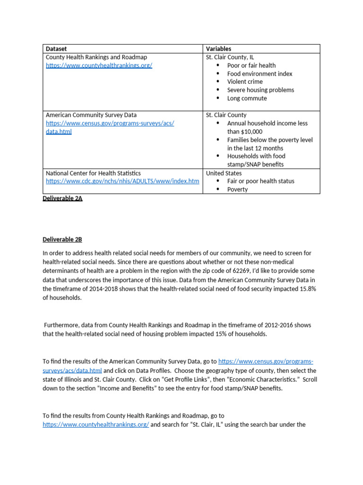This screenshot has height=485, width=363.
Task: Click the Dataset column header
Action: point(56,49)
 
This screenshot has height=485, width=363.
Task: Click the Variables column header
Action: point(218,49)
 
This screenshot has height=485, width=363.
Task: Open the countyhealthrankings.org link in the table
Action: point(99,65)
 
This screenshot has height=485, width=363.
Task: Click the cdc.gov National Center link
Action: point(122,181)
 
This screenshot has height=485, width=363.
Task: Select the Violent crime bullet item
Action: point(245,81)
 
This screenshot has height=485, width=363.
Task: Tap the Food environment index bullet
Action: point(259,73)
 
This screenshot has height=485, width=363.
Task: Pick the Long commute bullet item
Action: point(247,98)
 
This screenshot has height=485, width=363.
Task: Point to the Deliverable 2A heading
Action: point(62,198)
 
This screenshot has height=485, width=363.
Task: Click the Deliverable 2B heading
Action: point(62,239)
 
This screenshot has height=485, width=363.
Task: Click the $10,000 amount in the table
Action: point(251,132)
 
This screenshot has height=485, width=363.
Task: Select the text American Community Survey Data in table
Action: point(91,115)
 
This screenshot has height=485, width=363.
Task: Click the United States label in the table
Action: point(224,173)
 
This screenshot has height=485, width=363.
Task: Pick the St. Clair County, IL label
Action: point(230,57)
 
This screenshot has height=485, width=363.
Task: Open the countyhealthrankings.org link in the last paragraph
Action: point(95,424)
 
